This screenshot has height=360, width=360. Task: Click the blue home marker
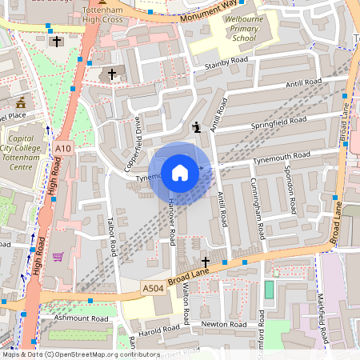180,173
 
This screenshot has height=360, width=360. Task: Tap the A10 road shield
63,147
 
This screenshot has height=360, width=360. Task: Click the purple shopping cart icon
58,258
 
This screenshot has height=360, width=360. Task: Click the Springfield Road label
278,122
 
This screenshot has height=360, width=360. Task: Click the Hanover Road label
172,223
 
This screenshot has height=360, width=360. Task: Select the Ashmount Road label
80,318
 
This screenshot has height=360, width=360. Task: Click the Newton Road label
224,325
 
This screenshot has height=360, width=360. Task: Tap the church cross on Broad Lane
205,262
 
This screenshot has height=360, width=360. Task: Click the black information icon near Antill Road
197,126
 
